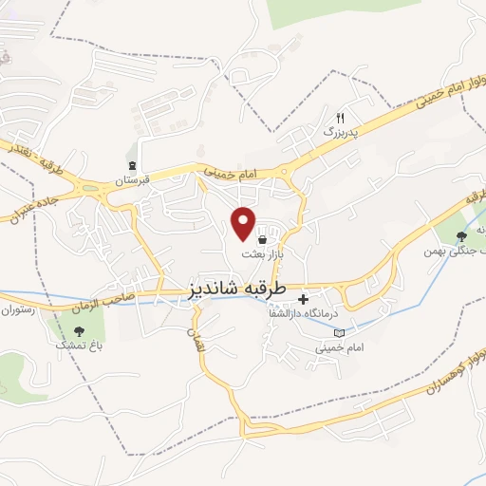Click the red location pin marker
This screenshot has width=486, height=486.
(x=244, y=222)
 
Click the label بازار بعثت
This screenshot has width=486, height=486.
(x=263, y=254)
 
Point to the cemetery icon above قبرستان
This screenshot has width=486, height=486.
(x=134, y=164)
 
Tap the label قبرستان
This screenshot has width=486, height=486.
(x=134, y=179)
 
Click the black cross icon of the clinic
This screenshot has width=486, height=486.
(x=303, y=299)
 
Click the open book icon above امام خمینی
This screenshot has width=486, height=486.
(x=340, y=332)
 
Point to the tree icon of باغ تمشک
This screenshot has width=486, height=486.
(x=79, y=331)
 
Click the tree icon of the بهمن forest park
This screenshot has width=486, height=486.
(x=461, y=237)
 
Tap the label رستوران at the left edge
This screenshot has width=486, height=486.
(x=16, y=310)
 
